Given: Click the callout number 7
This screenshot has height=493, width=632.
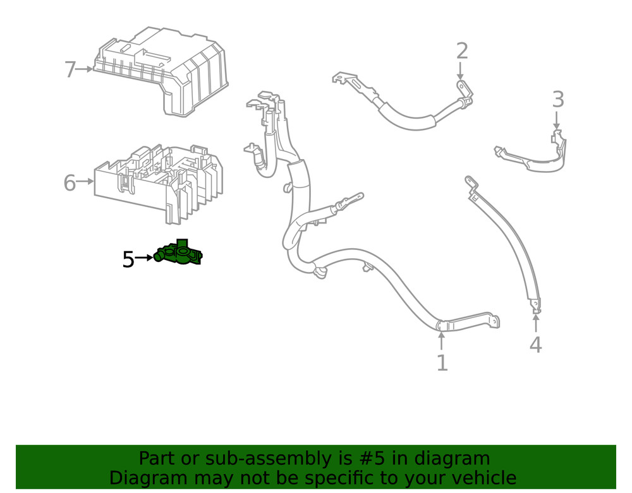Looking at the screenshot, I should (x=70, y=69).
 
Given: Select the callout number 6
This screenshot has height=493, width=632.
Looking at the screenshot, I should (x=70, y=183).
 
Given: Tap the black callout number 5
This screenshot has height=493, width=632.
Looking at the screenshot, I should (x=128, y=259).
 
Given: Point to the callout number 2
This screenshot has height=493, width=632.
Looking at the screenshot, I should (x=462, y=50).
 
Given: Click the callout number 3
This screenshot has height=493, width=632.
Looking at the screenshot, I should (x=557, y=99).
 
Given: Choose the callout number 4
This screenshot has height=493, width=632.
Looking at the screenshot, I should (x=535, y=345).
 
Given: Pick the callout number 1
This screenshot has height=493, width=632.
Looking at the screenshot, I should (x=442, y=362).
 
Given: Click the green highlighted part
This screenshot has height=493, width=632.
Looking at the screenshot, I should (x=179, y=254).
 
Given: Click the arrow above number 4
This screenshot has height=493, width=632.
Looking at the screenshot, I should (x=535, y=323).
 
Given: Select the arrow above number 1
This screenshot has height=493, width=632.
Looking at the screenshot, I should (x=442, y=341).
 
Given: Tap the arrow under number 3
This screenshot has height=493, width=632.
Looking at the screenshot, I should (x=557, y=120).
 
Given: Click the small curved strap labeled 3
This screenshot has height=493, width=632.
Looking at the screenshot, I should (x=534, y=158).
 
